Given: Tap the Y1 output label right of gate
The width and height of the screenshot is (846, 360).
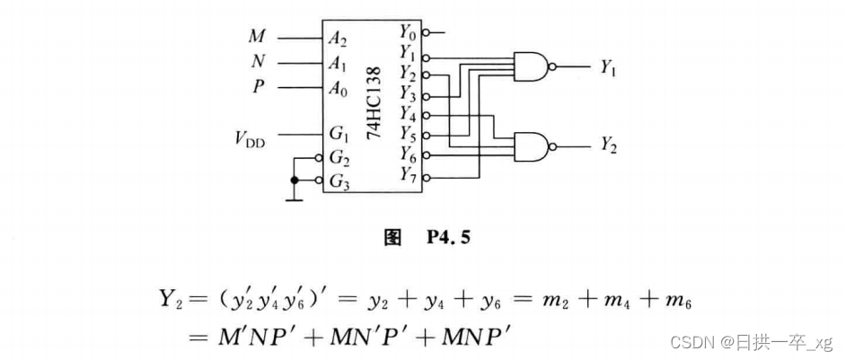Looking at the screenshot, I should point(607,66).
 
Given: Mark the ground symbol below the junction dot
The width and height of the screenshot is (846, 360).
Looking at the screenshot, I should point(293,198).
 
